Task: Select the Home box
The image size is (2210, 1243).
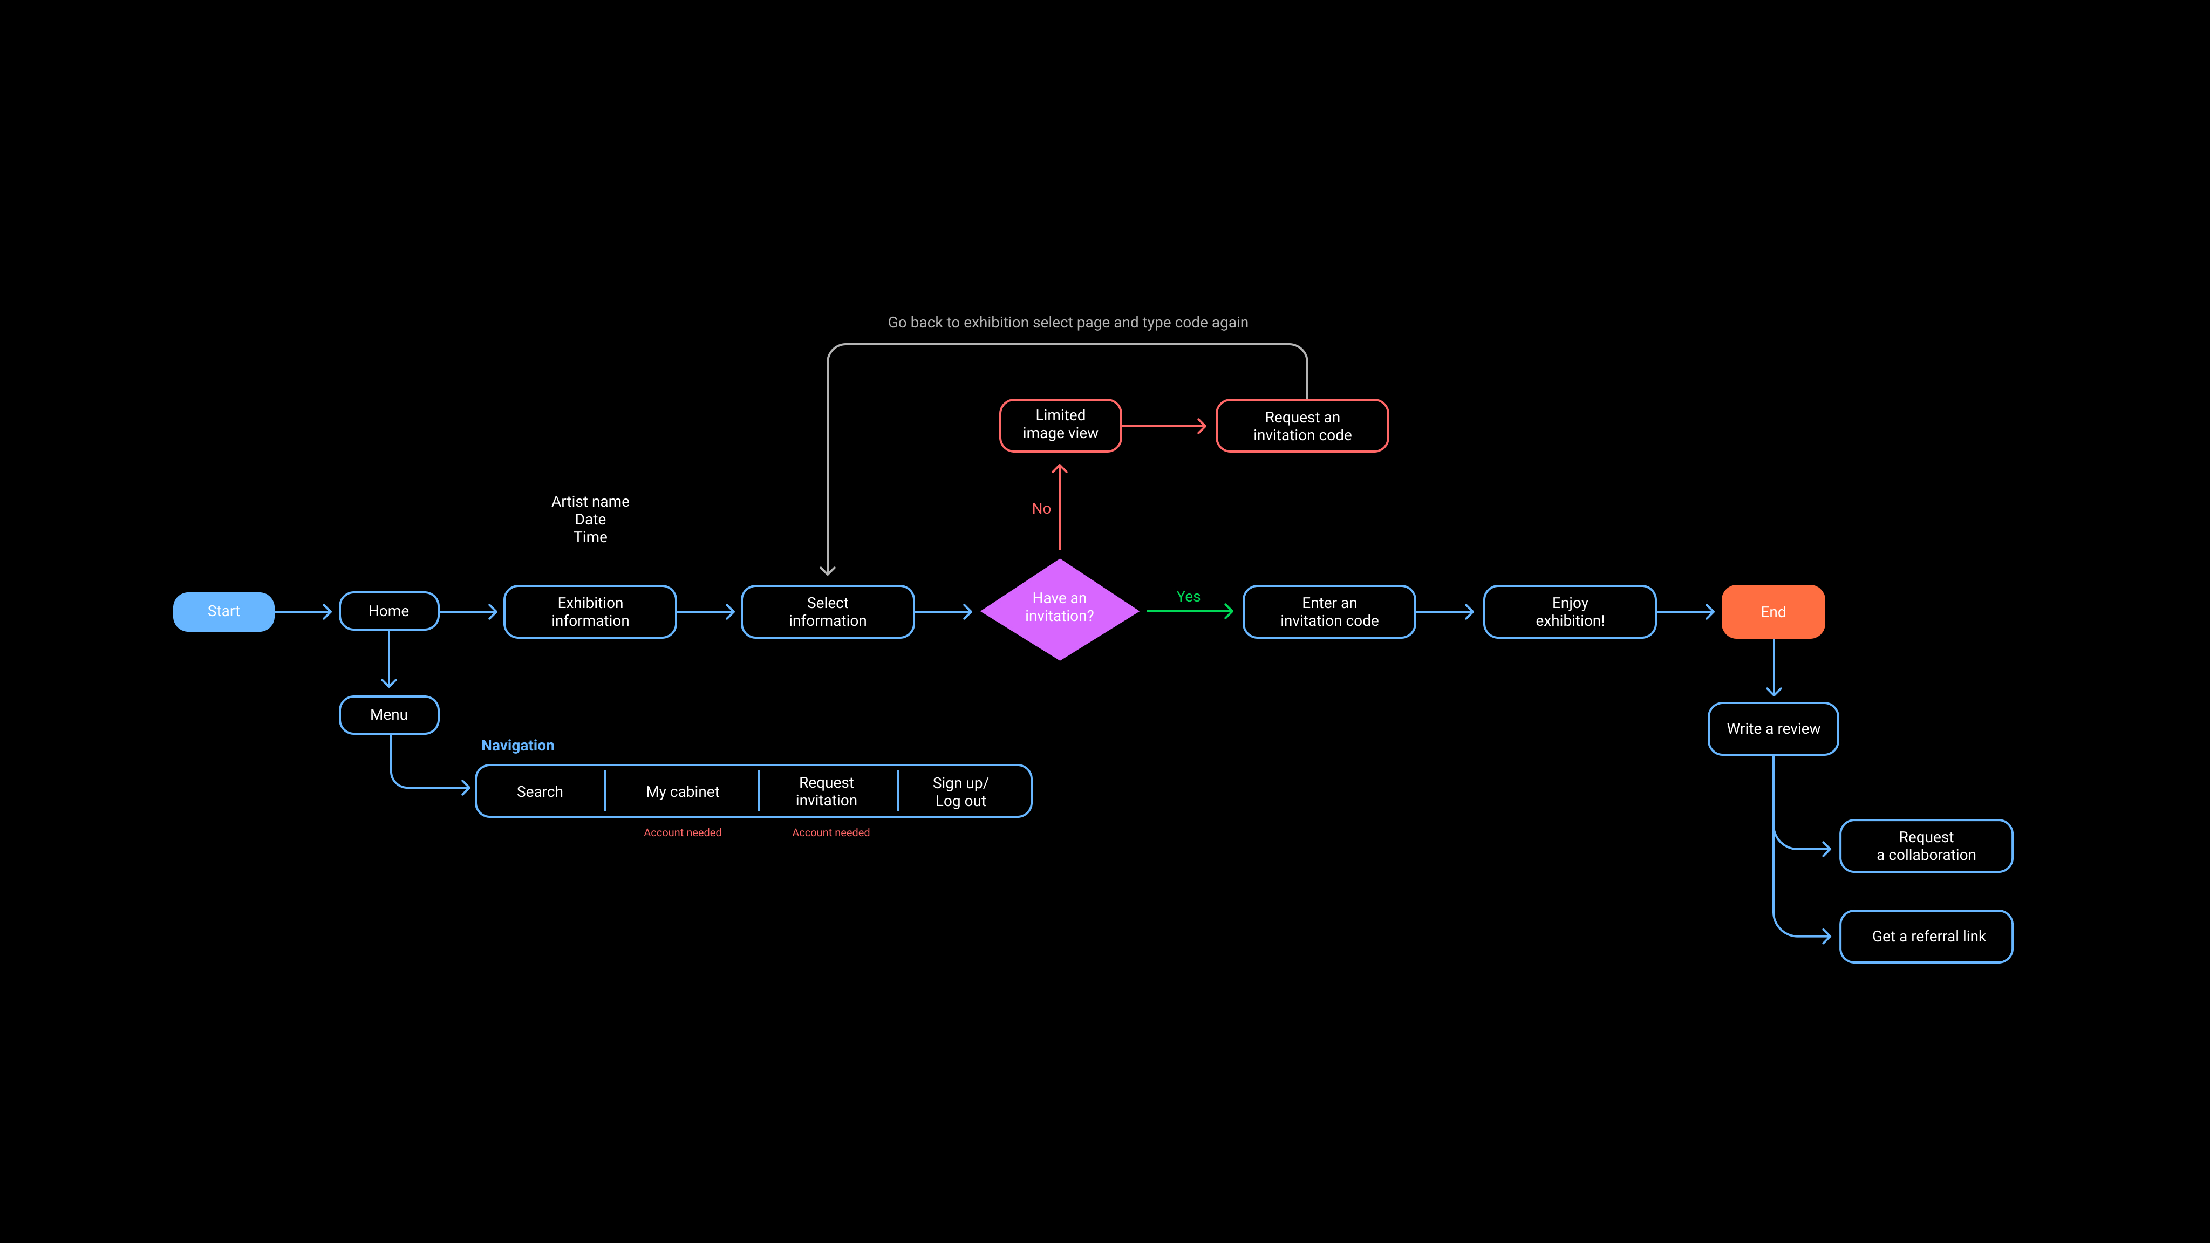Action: [388, 611]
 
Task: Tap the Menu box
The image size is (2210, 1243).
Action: [388, 715]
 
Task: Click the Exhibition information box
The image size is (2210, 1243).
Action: [590, 612]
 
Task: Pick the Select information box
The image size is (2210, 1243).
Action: [827, 612]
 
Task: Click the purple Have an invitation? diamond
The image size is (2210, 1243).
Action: [1060, 608]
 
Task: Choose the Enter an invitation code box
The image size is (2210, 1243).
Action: [1329, 612]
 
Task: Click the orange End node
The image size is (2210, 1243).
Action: [1772, 612]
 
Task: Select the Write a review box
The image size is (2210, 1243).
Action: [1772, 728]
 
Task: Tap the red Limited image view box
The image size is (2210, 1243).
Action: [1060, 425]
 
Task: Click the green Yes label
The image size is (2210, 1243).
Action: [1188, 596]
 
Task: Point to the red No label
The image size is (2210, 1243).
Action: [1041, 509]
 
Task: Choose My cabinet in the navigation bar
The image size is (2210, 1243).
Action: [682, 791]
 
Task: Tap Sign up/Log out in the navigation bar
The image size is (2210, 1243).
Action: [960, 791]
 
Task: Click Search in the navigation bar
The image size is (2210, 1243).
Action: [540, 791]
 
